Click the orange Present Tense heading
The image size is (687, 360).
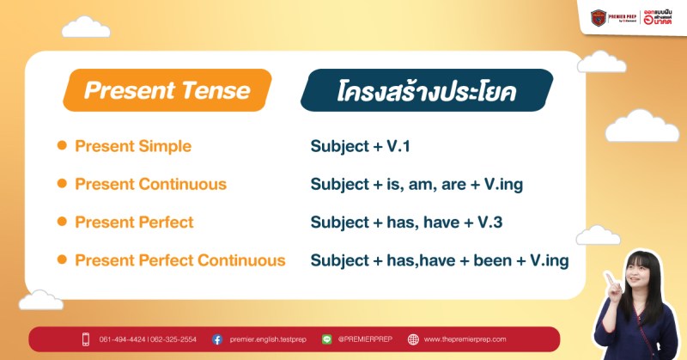pos(167,90)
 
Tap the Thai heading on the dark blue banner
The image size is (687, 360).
pos(426,91)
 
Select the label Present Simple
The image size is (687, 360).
pos(133,146)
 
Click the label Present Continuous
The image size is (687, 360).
pos(150,184)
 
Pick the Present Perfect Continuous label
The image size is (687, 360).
pos(179,259)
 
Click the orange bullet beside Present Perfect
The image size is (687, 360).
pos(62,222)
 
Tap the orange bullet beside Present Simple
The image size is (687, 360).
pos(62,146)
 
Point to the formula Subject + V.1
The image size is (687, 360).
pos(360,147)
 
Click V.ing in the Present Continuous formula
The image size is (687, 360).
pos(498,185)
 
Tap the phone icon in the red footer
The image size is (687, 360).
pos(86,339)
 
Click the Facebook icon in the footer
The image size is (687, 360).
pos(217,339)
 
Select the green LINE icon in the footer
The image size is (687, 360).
pos(326,339)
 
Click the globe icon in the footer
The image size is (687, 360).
pos(413,339)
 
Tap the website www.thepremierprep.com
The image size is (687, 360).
pos(465,339)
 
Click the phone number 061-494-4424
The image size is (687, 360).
pos(122,339)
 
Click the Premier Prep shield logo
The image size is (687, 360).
pos(598,17)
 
